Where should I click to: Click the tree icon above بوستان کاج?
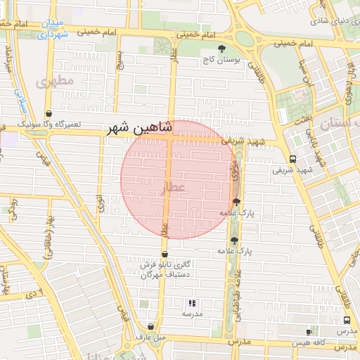222,49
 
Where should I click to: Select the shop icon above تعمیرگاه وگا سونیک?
49,113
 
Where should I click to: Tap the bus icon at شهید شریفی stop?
292,158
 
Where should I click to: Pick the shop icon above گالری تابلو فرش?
165,255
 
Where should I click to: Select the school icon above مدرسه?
191,304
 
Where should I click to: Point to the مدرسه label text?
191,314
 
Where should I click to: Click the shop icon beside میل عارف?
150,326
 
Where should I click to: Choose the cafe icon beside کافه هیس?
309,332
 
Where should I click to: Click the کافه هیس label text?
331,332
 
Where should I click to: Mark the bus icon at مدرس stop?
347,320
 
